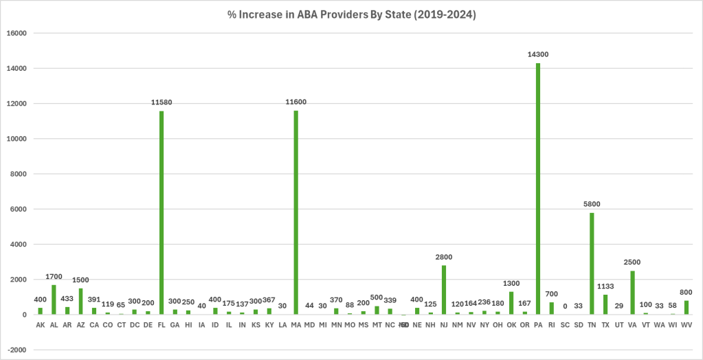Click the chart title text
pos(351,14)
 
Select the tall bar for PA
pos(538,189)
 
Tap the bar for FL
pos(161,213)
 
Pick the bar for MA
pos(296,213)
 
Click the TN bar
pos(592,264)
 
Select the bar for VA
pos(632,293)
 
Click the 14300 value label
pos(538,54)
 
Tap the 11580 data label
pos(161,102)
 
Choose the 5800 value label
pos(592,204)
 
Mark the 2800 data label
pos(444,257)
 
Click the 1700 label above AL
pos(54,276)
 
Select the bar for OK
pos(511,303)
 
